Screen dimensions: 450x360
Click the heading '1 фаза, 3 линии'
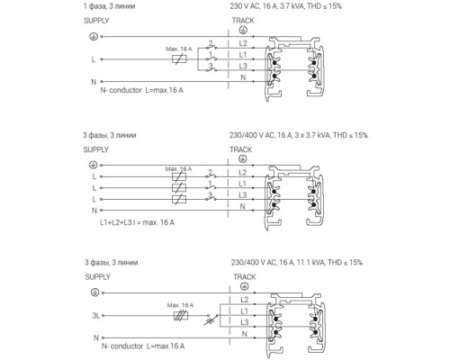(109, 6)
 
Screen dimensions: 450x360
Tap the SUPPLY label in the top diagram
(96, 21)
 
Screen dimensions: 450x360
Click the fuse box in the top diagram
(179, 59)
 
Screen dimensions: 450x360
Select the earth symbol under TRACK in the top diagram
(243, 30)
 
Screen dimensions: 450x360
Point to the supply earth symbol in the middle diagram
(94, 165)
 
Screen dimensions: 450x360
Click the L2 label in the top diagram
(243, 43)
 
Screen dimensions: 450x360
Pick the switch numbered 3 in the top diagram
(211, 68)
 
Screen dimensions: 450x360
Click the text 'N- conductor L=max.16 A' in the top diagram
(141, 90)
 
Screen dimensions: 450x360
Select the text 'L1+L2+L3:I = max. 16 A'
(137, 222)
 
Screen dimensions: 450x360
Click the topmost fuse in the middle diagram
(179, 176)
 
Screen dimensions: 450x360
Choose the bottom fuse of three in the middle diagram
(179, 199)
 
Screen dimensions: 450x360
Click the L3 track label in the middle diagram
(243, 195)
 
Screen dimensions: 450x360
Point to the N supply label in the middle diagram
(94, 211)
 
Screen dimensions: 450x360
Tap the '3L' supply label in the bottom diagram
(96, 316)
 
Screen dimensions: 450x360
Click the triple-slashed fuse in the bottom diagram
(181, 316)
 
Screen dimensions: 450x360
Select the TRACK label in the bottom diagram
(245, 276)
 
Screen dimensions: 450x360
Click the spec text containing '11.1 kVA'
(297, 263)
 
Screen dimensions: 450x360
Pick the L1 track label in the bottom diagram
(245, 311)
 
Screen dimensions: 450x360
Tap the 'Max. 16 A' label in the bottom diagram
(180, 305)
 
